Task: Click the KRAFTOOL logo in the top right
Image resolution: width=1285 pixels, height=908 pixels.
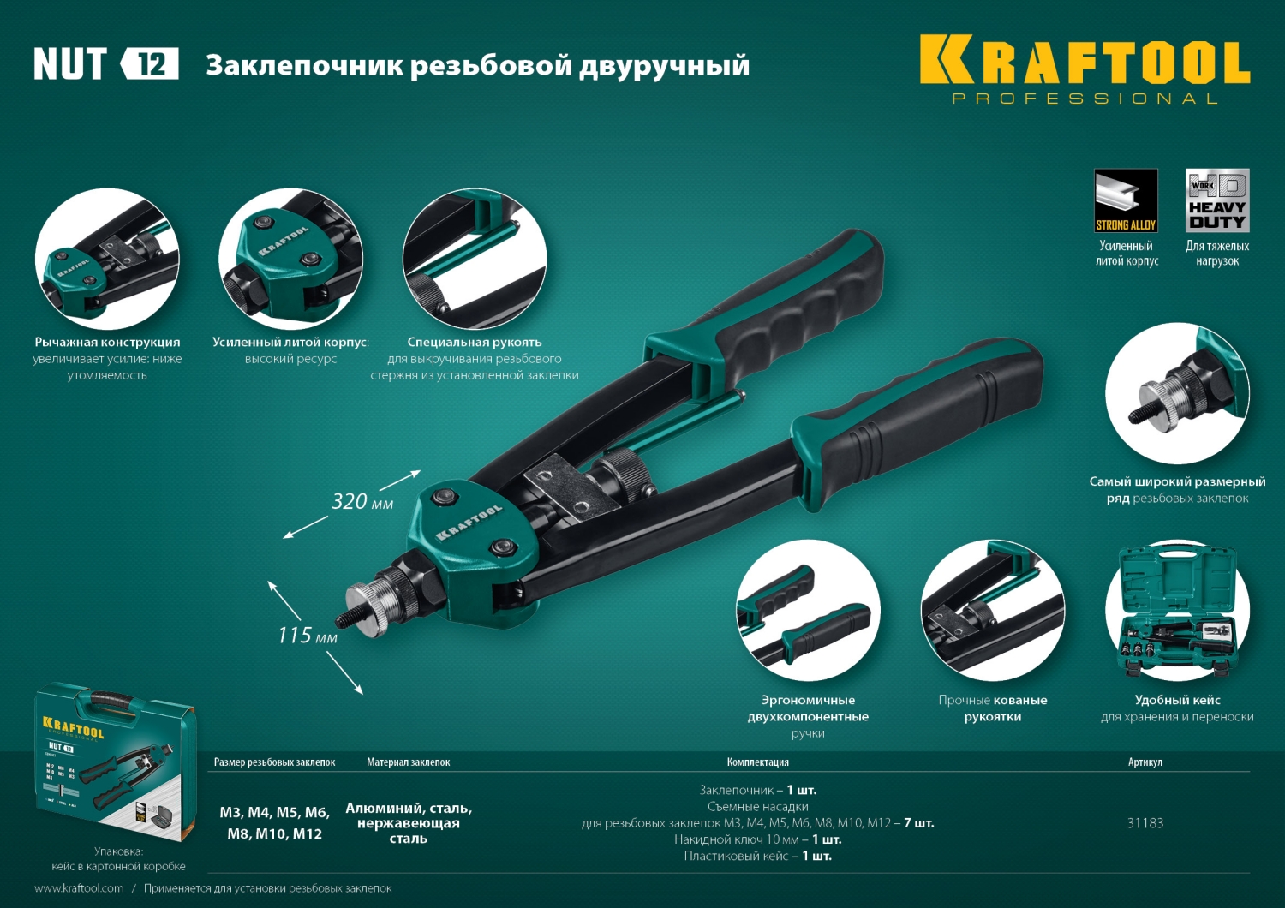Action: [1085, 62]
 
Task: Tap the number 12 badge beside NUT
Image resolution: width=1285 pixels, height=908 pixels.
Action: [151, 64]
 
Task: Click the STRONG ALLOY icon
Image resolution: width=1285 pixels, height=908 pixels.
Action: [1126, 200]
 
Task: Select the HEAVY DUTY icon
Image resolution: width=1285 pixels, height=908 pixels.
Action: [1216, 200]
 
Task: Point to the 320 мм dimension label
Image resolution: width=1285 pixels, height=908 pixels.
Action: [362, 501]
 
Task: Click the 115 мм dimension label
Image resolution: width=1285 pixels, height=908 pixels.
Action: [307, 636]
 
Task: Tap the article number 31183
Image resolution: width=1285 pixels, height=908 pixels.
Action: [1145, 823]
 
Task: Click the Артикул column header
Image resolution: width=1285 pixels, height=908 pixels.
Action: [1145, 762]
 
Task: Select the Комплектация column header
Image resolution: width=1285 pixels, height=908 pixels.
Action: [757, 762]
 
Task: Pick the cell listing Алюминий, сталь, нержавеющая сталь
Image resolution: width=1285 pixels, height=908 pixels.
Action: [409, 823]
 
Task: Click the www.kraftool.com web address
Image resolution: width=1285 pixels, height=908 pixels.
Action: [79, 888]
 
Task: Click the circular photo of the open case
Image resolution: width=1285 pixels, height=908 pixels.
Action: [1177, 612]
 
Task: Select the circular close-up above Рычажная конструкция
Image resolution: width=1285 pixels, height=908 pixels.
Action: [107, 259]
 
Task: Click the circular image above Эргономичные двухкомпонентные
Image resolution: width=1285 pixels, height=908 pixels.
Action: [808, 612]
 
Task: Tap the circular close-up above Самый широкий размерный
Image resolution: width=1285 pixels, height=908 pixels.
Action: [1177, 393]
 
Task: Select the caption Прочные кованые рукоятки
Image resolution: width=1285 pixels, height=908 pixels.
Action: [992, 708]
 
